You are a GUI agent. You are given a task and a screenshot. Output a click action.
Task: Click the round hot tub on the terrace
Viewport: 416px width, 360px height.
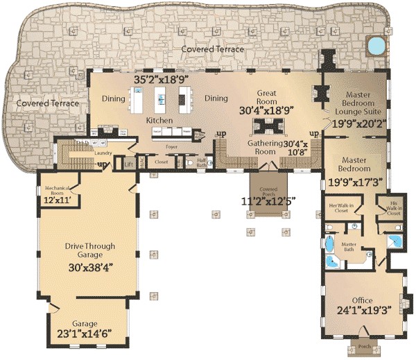[375, 46]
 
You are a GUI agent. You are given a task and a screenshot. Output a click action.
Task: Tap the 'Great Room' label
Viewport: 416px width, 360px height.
[267, 96]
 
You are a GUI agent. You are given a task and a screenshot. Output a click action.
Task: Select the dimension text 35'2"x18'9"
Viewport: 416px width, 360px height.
[164, 80]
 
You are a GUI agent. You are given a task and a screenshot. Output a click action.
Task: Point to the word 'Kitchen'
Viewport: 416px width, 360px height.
[159, 120]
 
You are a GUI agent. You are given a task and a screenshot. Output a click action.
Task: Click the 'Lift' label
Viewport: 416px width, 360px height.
[129, 164]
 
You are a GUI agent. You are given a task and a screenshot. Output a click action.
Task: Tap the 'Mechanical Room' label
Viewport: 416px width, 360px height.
[59, 191]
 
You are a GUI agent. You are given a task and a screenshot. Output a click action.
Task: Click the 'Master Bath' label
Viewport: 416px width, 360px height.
[349, 246]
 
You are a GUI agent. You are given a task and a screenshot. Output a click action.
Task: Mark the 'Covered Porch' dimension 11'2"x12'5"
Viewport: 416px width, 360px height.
[268, 201]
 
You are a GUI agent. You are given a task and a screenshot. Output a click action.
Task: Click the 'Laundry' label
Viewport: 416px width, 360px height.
[85, 153]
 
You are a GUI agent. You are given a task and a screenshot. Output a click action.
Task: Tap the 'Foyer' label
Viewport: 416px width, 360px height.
[172, 147]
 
